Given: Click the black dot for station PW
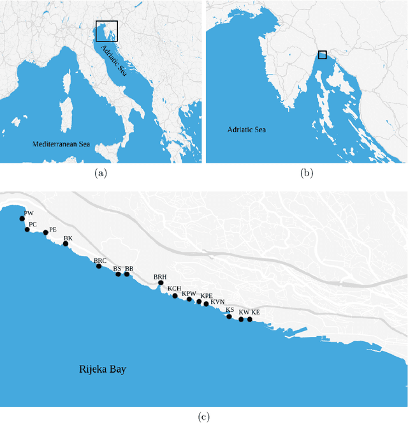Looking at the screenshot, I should [x=22, y=218].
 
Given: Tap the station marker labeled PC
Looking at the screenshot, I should [x=27, y=229].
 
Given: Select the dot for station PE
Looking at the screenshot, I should [x=45, y=233].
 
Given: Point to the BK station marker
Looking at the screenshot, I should [x=65, y=243].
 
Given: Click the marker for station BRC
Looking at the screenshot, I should [x=99, y=266].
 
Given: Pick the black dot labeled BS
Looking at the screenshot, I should [x=118, y=274].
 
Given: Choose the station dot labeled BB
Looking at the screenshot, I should [x=127, y=274].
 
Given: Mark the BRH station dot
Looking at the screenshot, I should [x=161, y=283].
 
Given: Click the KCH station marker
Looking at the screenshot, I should [x=175, y=296].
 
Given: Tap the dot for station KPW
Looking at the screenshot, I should [x=189, y=299].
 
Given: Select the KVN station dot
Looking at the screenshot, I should [x=206, y=304].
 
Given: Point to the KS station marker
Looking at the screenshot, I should [x=229, y=316].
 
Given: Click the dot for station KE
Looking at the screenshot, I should [x=250, y=319].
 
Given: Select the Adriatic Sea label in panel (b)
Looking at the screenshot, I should [x=247, y=130].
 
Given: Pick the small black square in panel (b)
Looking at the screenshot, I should [x=323, y=55].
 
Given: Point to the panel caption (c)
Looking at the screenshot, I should [x=203, y=417].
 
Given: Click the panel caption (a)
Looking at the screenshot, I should [x=101, y=173].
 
